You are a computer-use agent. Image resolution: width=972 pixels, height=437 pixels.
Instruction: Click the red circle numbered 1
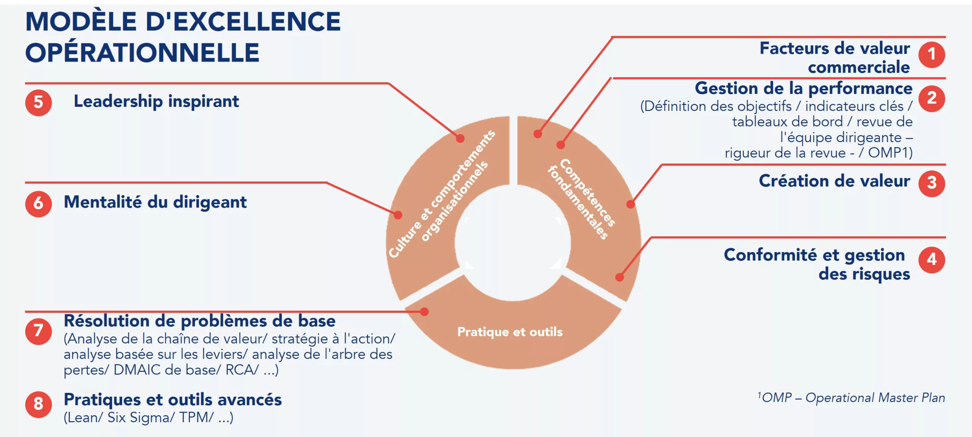coord(931,55)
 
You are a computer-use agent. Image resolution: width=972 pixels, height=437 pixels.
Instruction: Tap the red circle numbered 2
coord(931,98)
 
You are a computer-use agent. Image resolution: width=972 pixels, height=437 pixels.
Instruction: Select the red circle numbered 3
coord(931,184)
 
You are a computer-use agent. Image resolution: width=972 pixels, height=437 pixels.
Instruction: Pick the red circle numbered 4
coord(931,260)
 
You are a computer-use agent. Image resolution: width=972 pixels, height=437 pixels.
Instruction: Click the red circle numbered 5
coord(38,103)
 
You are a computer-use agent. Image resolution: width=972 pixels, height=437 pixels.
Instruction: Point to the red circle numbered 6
coord(38,204)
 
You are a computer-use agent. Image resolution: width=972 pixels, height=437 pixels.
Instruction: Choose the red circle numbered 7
coord(38,331)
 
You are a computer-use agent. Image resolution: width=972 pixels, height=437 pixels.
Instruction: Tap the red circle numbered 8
coord(38,404)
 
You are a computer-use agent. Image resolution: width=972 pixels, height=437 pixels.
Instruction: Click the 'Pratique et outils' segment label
coord(510,332)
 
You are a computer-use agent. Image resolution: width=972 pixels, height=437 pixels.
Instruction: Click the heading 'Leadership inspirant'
coord(156,101)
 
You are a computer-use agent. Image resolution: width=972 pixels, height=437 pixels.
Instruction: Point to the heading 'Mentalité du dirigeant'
coord(155,202)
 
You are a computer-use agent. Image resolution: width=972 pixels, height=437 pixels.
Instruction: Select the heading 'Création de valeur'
coord(834,181)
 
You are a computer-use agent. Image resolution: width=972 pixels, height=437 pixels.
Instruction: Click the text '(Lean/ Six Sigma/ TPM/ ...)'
coord(148,418)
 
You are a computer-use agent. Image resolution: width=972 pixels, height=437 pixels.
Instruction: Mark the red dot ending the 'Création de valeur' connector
coord(631,204)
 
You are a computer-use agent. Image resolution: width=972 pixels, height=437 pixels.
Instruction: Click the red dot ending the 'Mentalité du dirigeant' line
coord(398,215)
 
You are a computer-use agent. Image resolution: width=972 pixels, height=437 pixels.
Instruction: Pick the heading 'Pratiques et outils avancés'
coord(173,400)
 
